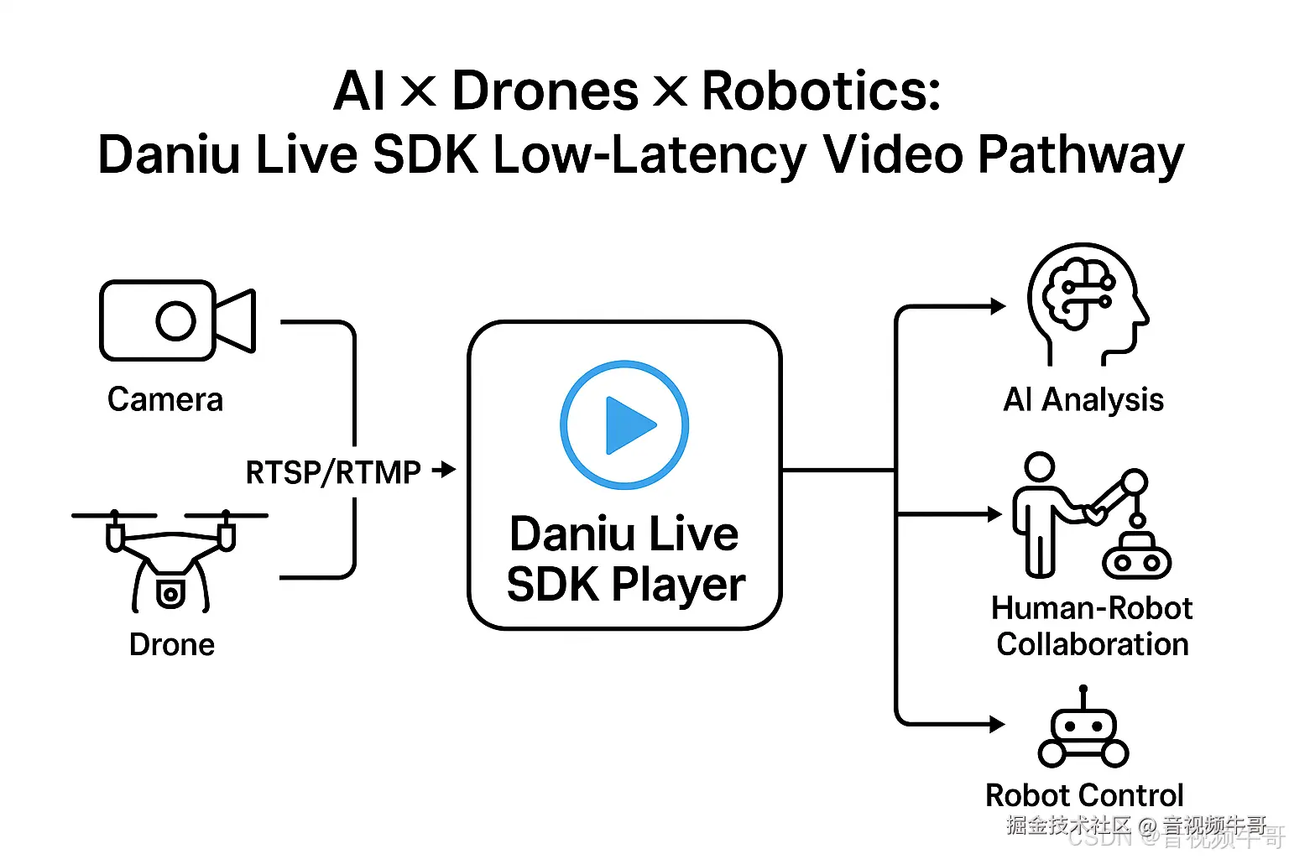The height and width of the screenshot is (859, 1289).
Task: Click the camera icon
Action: tap(176, 320)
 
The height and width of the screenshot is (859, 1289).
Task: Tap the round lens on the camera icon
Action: tap(175, 320)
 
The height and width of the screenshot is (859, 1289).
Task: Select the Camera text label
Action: tap(165, 400)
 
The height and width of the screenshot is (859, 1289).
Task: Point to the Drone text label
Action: tap(172, 645)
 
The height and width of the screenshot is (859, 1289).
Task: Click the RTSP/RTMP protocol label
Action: tap(333, 472)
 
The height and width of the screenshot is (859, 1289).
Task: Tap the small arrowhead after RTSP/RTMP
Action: tap(446, 470)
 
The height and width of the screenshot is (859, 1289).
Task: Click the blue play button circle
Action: tap(624, 424)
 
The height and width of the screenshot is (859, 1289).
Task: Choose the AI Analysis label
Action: tap(1083, 400)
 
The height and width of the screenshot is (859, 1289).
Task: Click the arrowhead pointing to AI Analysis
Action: tap(998, 306)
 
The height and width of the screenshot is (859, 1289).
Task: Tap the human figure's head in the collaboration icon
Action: tap(1040, 466)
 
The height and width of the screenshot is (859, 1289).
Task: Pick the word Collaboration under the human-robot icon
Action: tap(1093, 644)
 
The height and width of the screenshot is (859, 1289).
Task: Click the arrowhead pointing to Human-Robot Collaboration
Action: tap(996, 514)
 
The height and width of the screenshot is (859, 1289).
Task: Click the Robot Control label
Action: tap(1084, 795)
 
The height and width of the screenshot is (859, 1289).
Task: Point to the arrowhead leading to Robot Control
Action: tap(997, 724)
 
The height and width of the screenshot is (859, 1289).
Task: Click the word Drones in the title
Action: tap(545, 91)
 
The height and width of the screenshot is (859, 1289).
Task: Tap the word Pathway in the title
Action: tap(1080, 155)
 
